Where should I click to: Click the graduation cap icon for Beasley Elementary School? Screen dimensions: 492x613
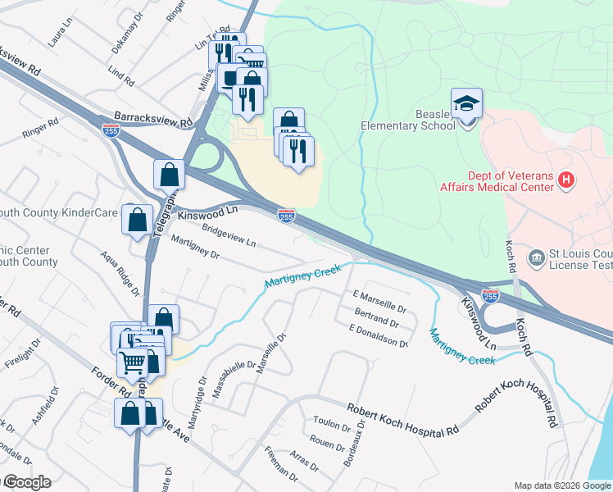point(466,104)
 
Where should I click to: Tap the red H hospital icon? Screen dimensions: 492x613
point(565,180)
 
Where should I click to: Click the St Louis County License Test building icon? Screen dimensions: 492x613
point(536,258)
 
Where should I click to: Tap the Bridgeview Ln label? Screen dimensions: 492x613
point(229,238)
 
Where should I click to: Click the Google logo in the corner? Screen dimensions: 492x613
point(26,482)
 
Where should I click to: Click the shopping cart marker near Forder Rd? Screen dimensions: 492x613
point(133,361)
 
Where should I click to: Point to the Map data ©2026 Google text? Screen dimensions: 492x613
point(561,485)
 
